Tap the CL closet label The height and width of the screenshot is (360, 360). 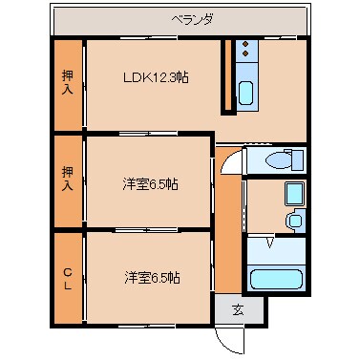(67, 276)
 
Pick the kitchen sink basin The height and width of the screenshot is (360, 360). (245, 94)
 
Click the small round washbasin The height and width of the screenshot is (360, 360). (294, 222)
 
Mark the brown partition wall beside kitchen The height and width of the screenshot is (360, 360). (226, 76)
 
